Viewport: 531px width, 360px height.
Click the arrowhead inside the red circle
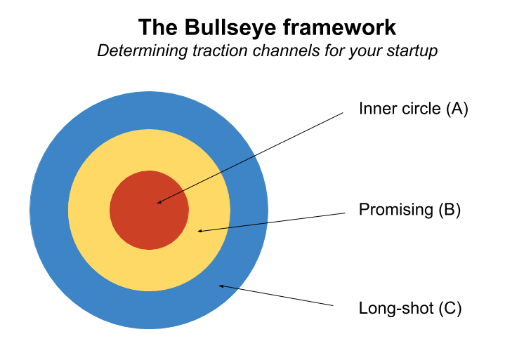click(x=159, y=203)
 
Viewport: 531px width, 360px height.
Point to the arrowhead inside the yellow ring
click(x=200, y=230)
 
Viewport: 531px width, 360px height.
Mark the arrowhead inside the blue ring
click(x=221, y=286)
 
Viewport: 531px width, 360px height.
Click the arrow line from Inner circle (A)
click(x=253, y=156)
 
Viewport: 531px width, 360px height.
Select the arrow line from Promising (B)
click(x=274, y=220)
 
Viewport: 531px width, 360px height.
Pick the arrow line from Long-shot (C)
click(x=277, y=295)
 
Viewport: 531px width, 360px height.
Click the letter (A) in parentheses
click(x=457, y=109)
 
